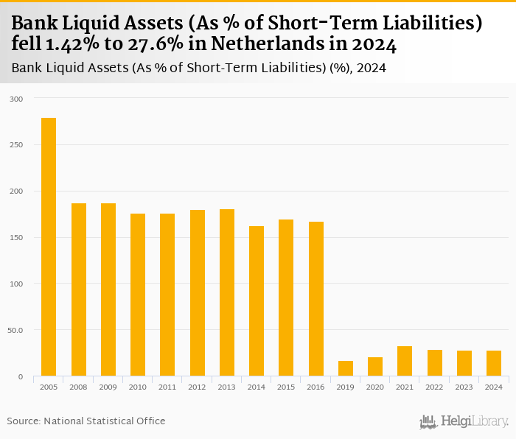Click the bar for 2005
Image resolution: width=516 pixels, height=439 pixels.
coord(49,247)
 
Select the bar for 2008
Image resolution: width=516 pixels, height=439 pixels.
coord(79,289)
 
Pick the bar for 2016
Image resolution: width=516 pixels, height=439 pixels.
coord(315,298)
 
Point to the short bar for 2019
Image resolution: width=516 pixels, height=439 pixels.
coord(346,368)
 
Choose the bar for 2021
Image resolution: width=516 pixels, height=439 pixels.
coord(405,361)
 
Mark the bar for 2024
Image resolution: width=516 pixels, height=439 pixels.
coord(494,363)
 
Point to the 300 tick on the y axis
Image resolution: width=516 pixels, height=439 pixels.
coord(16,99)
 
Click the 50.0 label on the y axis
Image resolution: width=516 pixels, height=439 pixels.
coord(15,330)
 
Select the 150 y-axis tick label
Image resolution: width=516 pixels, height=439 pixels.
coord(16,237)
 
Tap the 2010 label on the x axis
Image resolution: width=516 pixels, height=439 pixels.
coord(138,386)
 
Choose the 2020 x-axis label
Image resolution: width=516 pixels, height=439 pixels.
coord(375,386)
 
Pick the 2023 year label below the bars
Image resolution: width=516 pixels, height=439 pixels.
coord(464,386)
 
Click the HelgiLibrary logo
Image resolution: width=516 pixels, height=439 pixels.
coord(464,421)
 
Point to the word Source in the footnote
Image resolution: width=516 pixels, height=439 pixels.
coord(24,421)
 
